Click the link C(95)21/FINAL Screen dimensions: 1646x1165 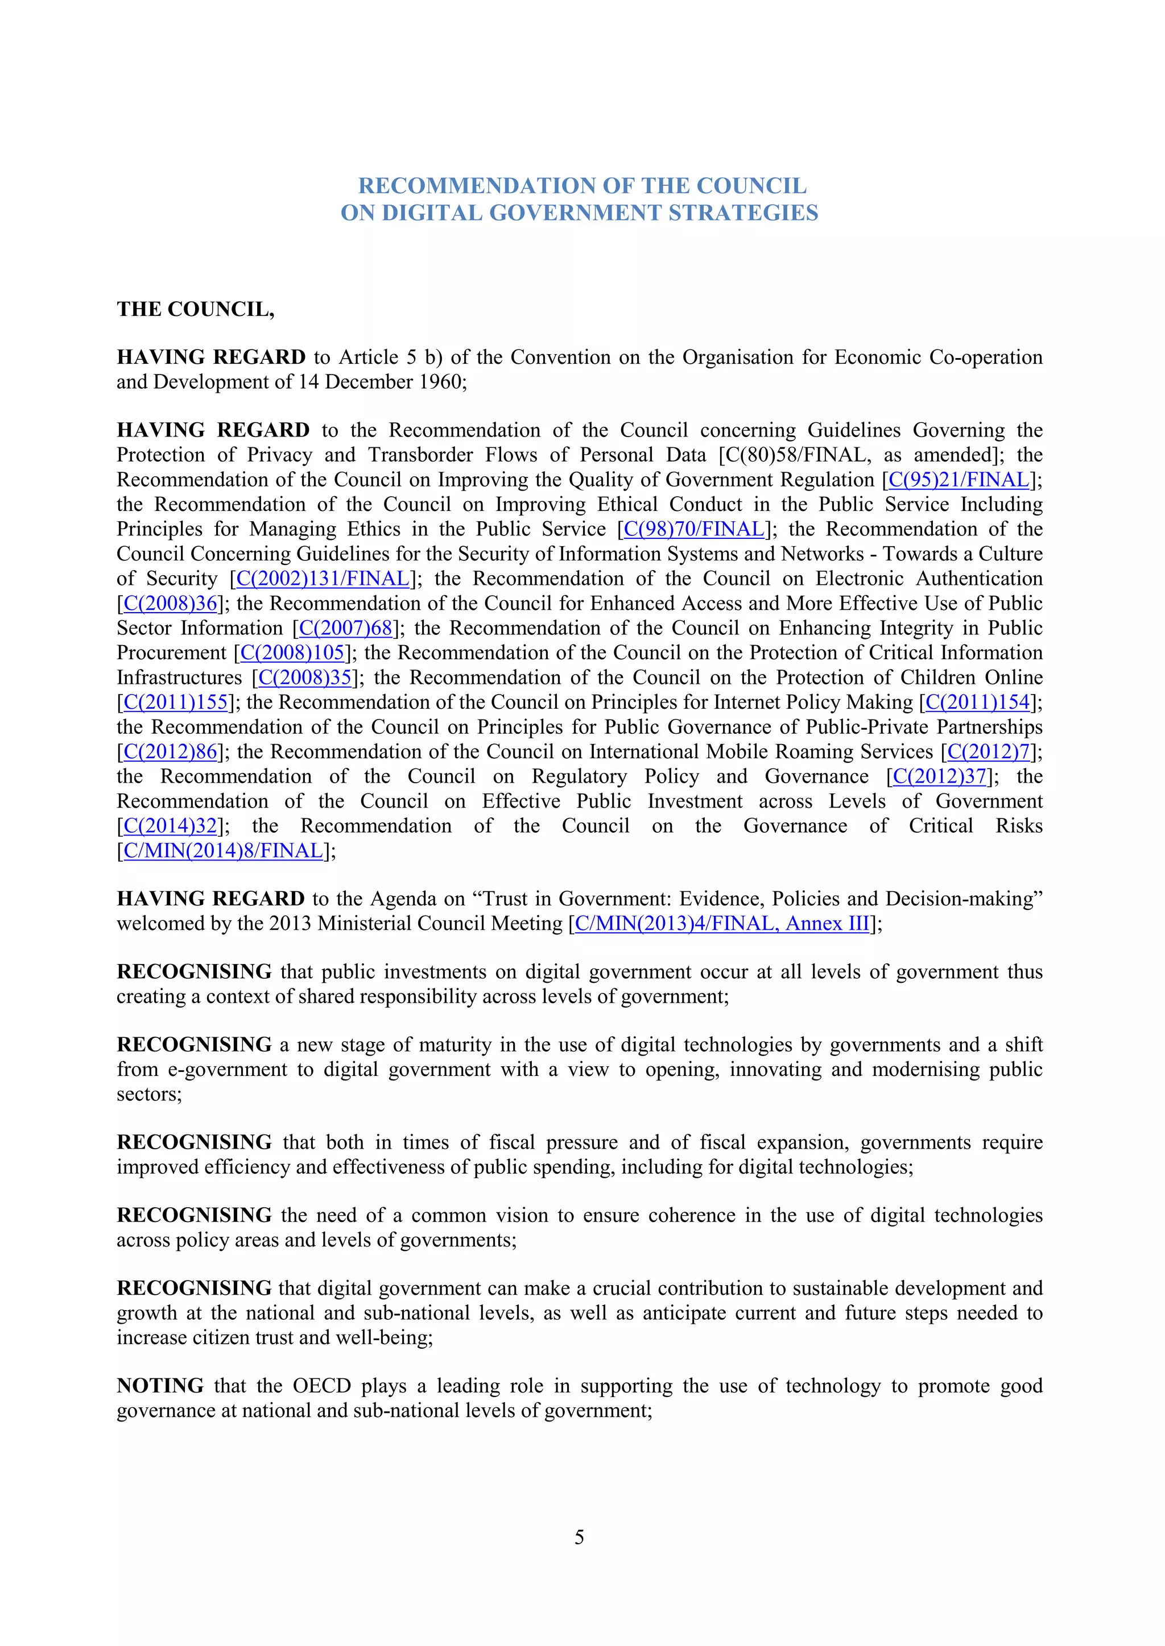click(x=959, y=480)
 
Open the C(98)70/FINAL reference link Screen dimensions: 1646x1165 click(x=693, y=529)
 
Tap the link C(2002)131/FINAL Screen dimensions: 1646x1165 click(x=322, y=579)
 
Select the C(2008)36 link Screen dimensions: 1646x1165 click(x=170, y=604)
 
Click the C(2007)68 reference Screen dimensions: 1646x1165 click(x=346, y=628)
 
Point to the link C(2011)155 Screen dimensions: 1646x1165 click(x=175, y=703)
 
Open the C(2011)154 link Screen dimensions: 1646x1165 click(x=977, y=703)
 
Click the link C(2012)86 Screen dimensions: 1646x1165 click(x=170, y=752)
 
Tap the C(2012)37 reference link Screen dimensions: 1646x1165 click(x=940, y=777)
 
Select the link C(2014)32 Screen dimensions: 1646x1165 click(x=170, y=826)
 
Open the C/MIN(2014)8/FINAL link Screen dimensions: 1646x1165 click(x=223, y=851)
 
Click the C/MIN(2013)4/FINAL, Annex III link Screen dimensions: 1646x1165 click(x=722, y=924)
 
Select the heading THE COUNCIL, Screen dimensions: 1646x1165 click(x=195, y=309)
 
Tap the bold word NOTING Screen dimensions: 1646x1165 click(x=160, y=1386)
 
